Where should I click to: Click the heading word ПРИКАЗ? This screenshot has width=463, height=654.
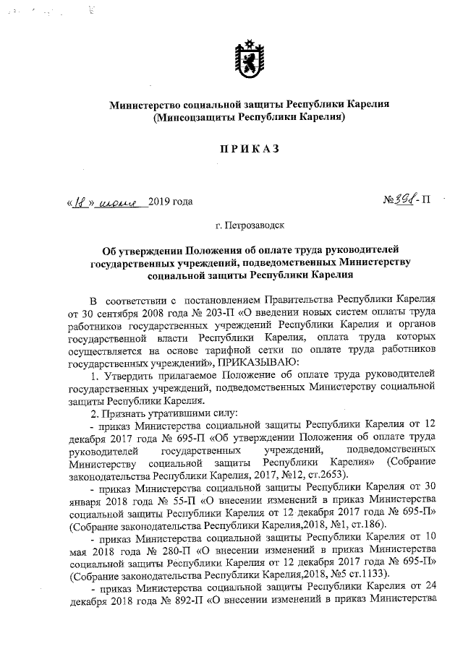point(249,149)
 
